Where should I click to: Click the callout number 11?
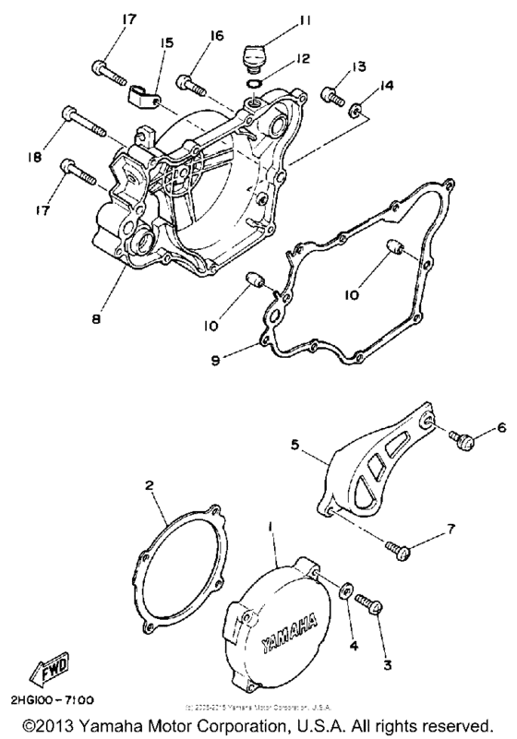tap(280, 18)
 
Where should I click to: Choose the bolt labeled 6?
tap(463, 441)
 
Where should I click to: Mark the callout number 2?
tap(147, 484)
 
